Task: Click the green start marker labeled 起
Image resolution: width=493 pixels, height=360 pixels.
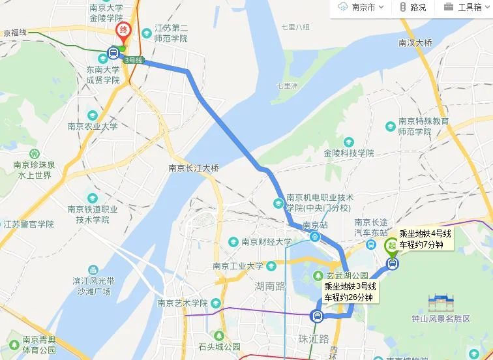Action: pos(392,246)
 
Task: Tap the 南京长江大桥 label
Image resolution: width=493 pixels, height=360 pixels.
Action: pos(194,168)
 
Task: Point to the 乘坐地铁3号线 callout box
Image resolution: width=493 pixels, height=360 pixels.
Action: pos(350,292)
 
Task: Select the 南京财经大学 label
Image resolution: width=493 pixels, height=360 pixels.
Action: pos(267,242)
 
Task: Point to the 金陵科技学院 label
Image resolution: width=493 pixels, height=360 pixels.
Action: pos(349,153)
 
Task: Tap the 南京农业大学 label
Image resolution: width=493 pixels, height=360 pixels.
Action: pos(92,127)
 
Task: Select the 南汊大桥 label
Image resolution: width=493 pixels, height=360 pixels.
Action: pos(415,42)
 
